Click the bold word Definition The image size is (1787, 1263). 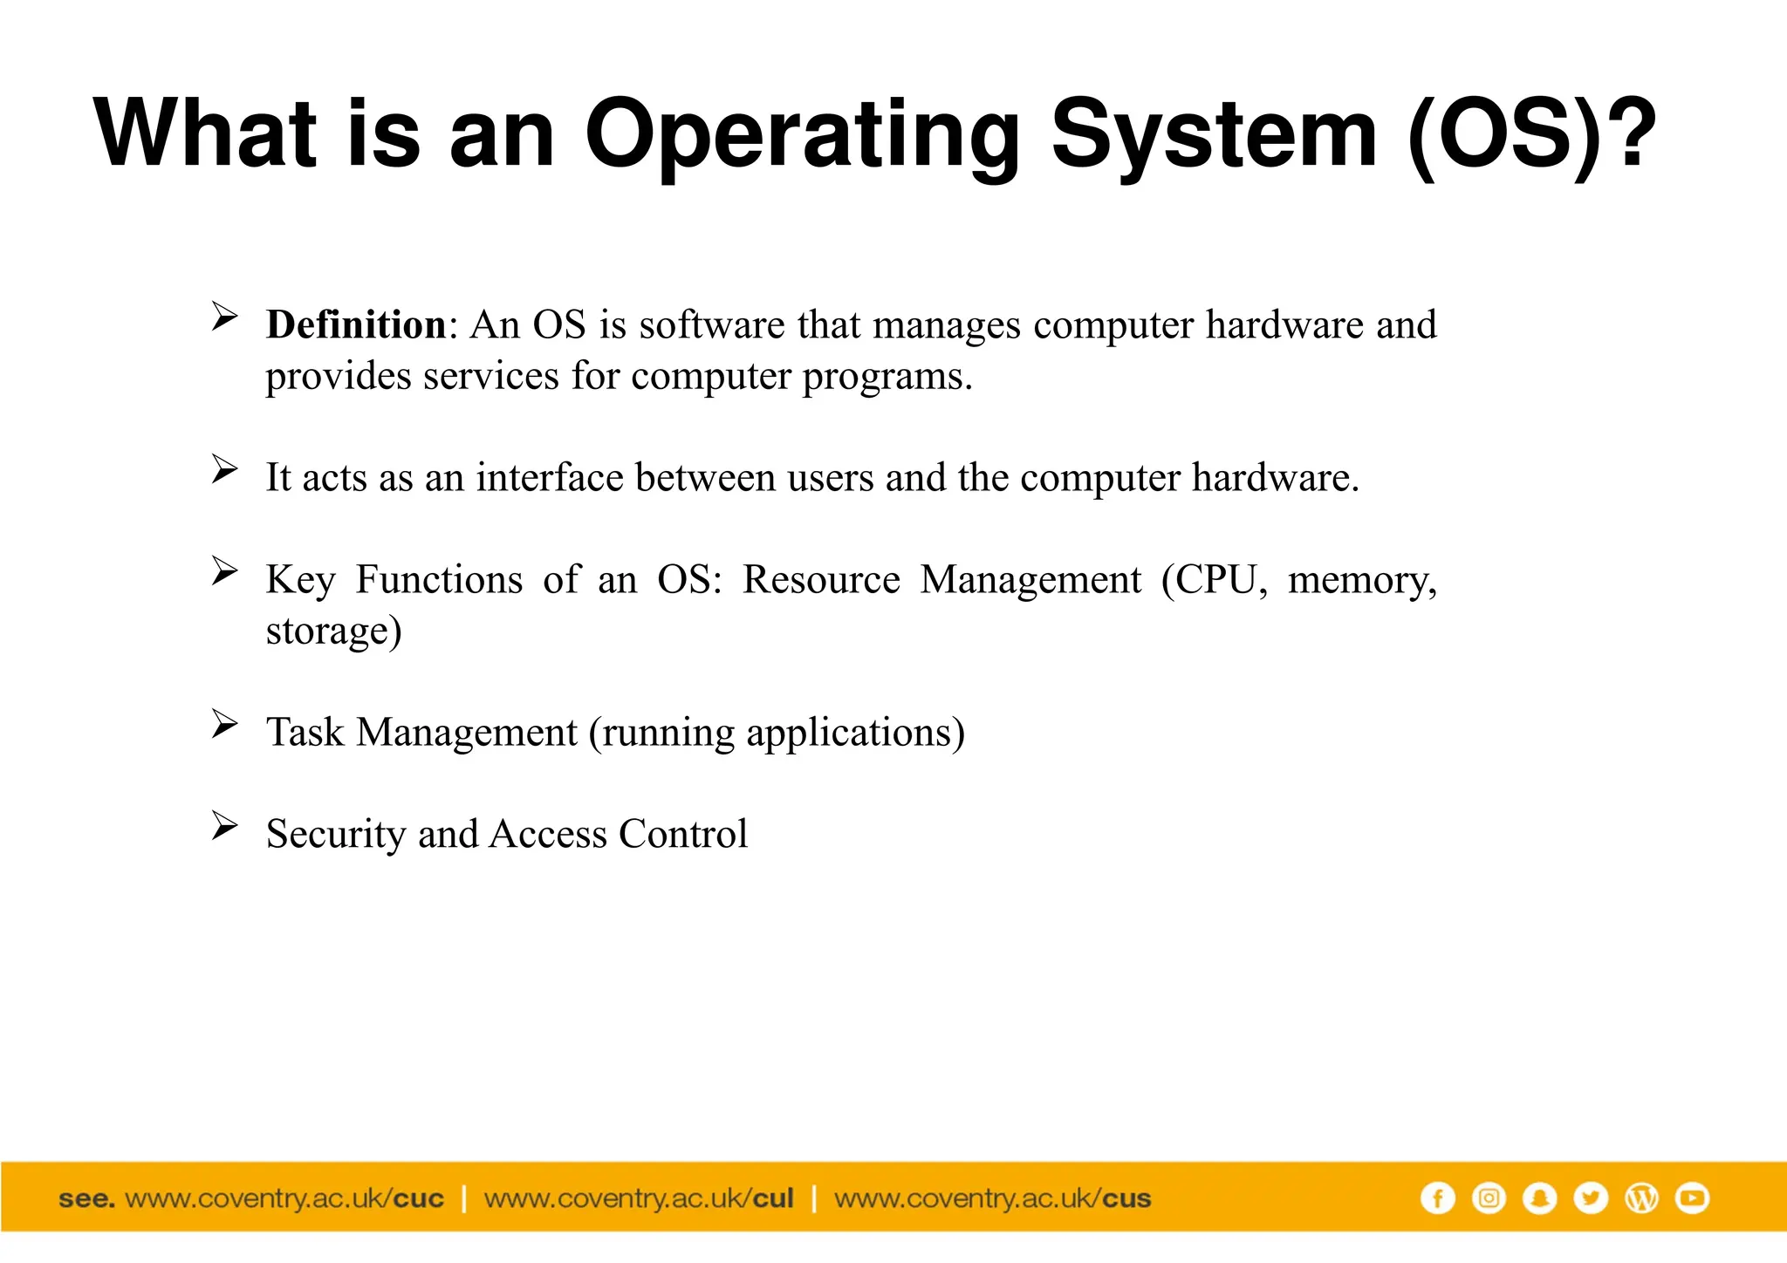pos(356,324)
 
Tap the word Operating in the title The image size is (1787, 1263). pos(801,135)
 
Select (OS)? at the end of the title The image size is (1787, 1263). pos(1531,135)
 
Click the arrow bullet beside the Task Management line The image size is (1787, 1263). pos(224,724)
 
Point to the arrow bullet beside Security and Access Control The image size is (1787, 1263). pos(224,825)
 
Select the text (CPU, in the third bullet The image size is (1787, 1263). pos(1214,580)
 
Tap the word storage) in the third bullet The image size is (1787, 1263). pos(333,631)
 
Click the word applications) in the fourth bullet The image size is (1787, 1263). pos(855,733)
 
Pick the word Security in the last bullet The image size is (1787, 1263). pos(336,834)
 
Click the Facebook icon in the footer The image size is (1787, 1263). pos(1437,1198)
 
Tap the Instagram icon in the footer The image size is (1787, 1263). pos(1489,1198)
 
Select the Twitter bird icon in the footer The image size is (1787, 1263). pos(1591,1198)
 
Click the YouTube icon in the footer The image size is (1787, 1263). pos(1693,1198)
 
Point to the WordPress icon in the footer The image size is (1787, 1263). pos(1641,1198)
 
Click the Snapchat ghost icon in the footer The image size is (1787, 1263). pos(1539,1198)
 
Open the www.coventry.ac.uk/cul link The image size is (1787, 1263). pos(639,1198)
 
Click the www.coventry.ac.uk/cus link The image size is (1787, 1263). pos(992,1198)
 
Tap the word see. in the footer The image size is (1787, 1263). pos(86,1198)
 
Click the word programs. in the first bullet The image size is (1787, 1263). pos(887,377)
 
